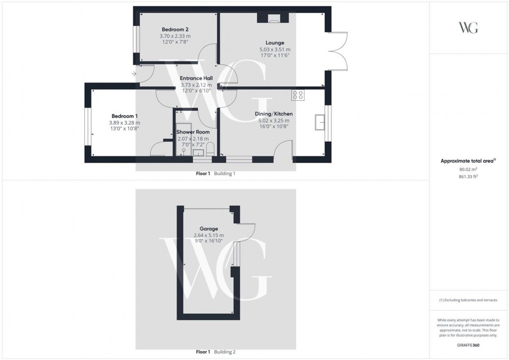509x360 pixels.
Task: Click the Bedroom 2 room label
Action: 175,29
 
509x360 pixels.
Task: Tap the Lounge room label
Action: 275,43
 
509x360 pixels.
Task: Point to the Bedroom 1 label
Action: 124,116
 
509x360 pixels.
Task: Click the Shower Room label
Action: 193,132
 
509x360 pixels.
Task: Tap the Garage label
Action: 209,229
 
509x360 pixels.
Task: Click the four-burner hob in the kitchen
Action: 298,95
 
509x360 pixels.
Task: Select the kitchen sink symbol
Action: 320,123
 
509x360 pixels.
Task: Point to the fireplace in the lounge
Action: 272,19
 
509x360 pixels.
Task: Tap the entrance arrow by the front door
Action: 135,74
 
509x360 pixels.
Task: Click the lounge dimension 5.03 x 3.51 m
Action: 275,49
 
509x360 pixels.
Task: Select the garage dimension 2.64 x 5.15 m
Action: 209,235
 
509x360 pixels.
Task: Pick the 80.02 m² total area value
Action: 469,168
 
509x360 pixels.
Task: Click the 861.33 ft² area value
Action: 469,177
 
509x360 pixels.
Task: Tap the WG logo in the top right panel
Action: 468,28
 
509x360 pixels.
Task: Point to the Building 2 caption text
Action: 224,352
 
